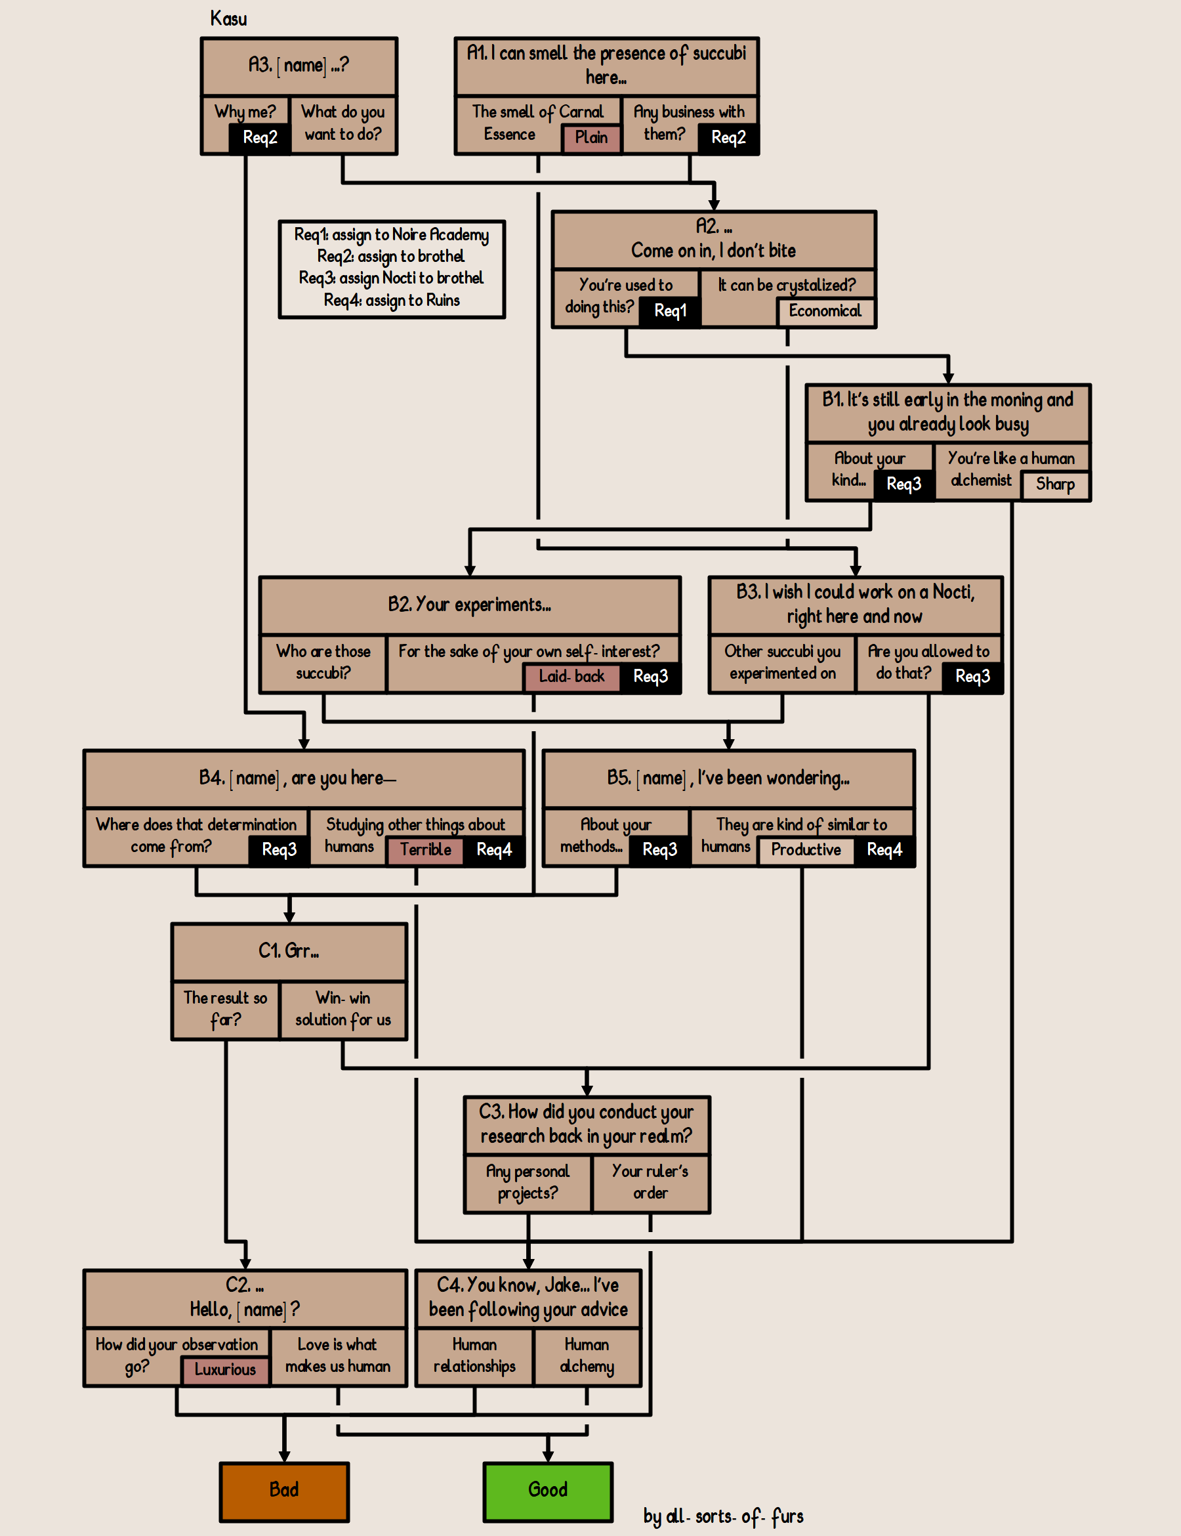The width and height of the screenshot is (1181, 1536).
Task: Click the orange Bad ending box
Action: [284, 1491]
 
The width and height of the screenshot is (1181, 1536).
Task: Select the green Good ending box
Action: [548, 1491]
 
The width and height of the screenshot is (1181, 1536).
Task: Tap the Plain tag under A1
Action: [591, 138]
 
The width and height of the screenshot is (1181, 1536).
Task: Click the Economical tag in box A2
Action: [825, 312]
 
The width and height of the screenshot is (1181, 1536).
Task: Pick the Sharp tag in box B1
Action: [1054, 484]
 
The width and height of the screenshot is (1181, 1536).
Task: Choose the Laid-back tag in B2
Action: [571, 677]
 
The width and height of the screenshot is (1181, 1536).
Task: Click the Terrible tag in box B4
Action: [425, 849]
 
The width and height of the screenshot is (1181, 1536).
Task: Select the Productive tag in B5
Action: [806, 849]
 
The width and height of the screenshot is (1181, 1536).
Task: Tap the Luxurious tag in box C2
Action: [225, 1369]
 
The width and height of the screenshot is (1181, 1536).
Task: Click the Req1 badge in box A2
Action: [670, 311]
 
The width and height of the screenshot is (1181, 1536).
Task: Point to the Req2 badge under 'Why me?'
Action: [259, 138]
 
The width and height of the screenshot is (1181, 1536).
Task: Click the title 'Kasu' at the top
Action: [228, 19]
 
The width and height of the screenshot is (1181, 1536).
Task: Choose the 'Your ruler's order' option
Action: [650, 1182]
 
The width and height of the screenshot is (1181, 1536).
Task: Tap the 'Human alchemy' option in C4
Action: [587, 1356]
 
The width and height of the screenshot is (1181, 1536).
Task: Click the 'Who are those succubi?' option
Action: [323, 662]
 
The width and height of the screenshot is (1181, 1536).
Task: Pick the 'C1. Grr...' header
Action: [289, 952]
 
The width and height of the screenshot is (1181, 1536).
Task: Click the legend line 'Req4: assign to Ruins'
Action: [392, 301]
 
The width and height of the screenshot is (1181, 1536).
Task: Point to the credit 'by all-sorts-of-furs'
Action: [723, 1517]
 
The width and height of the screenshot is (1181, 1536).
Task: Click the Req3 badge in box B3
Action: [972, 677]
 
